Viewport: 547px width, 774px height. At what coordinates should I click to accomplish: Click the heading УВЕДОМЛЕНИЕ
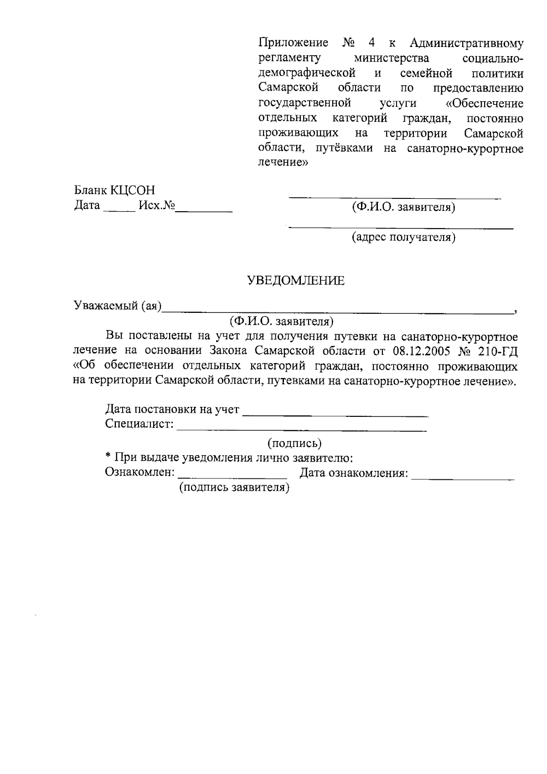pyautogui.click(x=295, y=281)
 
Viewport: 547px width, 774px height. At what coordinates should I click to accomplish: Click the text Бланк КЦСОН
pyautogui.click(x=114, y=190)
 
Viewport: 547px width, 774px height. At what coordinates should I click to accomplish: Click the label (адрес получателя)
pyautogui.click(x=403, y=237)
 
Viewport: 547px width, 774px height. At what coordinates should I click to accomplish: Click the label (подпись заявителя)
pyautogui.click(x=234, y=488)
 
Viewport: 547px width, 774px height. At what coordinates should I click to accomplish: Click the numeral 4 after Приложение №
pyautogui.click(x=372, y=43)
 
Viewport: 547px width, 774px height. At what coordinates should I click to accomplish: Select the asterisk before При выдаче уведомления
pyautogui.click(x=108, y=457)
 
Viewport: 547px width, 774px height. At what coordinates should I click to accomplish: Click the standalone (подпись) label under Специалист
pyautogui.click(x=294, y=443)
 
